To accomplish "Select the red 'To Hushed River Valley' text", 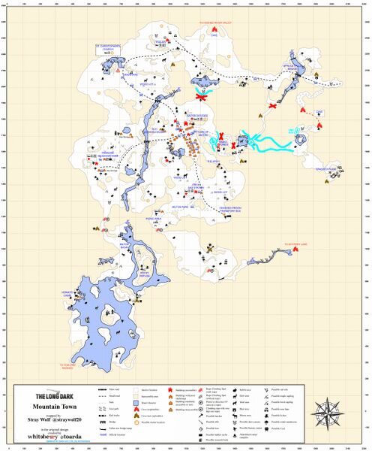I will tap(218, 23).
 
